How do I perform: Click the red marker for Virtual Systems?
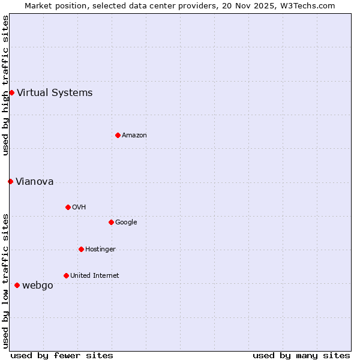point(11,92)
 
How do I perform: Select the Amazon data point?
point(118,135)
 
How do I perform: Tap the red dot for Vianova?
point(10,181)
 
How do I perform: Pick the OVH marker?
point(68,207)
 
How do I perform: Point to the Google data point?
point(111,222)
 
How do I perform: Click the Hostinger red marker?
point(81,249)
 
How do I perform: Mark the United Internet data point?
point(66,275)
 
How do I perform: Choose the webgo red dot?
point(17,285)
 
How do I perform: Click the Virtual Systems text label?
point(55,92)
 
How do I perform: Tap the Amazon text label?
point(134,135)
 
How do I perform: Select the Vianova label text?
point(35,181)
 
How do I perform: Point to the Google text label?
point(126,222)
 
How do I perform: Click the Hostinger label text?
point(100,249)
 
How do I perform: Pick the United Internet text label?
point(95,275)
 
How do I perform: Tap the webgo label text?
point(38,285)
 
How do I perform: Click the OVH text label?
point(79,207)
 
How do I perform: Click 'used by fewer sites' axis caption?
point(62,355)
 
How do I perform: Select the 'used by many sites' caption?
point(301,355)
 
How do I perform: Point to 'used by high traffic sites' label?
point(5,85)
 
